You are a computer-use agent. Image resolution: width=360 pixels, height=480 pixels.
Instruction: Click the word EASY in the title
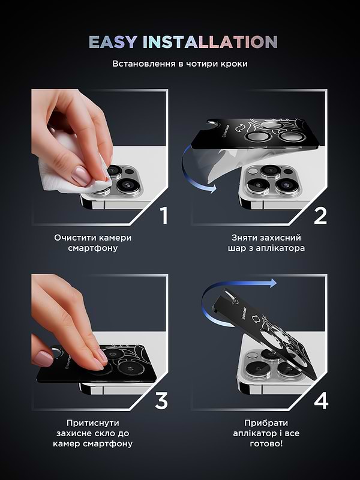pyautogui.click(x=113, y=42)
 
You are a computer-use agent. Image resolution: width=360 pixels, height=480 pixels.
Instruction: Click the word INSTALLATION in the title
pyautogui.click(x=210, y=42)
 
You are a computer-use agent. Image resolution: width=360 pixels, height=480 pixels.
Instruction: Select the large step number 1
pyautogui.click(x=164, y=215)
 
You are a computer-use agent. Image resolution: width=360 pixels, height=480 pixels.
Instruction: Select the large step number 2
pyautogui.click(x=320, y=215)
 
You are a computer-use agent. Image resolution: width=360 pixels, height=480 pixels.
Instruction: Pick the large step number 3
pyautogui.click(x=161, y=401)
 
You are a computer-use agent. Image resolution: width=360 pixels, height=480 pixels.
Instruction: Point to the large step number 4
pyautogui.click(x=321, y=401)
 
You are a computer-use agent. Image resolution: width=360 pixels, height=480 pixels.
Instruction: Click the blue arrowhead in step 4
pyautogui.click(x=272, y=283)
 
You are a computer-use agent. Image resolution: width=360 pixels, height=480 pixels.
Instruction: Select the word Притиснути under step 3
pyautogui.click(x=93, y=423)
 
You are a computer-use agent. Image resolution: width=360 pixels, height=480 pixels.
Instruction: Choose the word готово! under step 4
pyautogui.click(x=266, y=443)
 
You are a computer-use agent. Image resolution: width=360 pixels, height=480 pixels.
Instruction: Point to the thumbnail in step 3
pyautogui.click(x=43, y=358)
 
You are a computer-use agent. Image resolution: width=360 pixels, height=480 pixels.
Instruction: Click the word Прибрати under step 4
pyautogui.click(x=266, y=423)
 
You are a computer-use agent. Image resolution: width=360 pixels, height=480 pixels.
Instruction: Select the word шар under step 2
pyautogui.click(x=238, y=248)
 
